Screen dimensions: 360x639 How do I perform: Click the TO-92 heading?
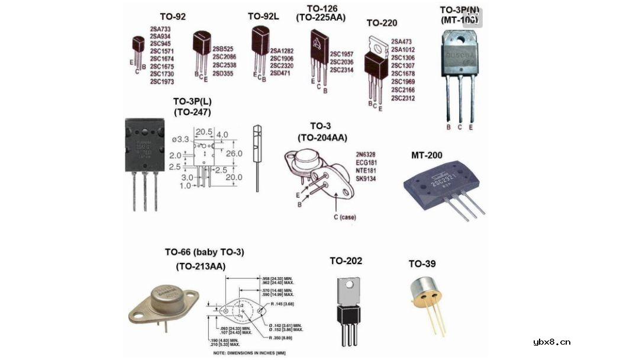click(173, 17)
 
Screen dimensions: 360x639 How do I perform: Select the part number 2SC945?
click(161, 43)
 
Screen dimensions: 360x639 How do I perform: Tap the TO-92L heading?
click(263, 17)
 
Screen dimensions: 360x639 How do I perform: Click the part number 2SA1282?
click(282, 50)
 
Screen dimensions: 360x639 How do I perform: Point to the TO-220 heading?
click(382, 23)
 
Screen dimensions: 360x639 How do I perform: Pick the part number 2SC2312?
click(403, 98)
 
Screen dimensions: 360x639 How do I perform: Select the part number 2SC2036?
click(341, 62)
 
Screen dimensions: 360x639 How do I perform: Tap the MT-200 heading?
click(427, 156)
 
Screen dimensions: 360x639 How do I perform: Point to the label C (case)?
click(344, 217)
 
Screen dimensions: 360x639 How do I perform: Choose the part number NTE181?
click(366, 170)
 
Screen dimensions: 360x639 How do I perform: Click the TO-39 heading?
click(422, 263)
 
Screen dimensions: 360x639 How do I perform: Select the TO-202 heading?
click(346, 261)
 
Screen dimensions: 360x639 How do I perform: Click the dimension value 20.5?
click(204, 131)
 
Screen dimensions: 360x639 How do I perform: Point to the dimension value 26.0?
click(235, 153)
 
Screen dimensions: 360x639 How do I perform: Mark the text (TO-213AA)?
click(201, 266)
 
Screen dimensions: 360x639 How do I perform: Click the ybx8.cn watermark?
click(551, 341)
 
